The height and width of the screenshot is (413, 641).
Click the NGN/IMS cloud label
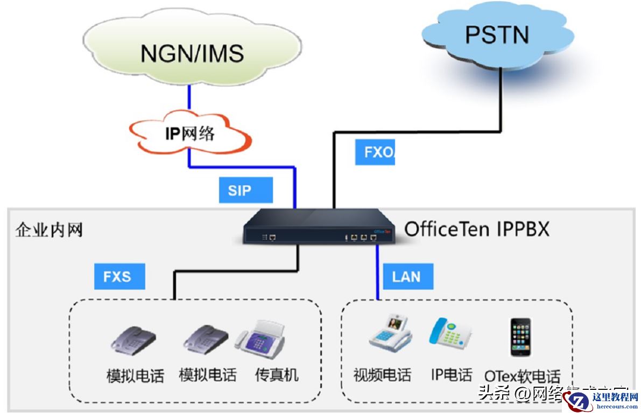tap(192, 53)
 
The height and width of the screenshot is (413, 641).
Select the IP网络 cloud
tap(189, 133)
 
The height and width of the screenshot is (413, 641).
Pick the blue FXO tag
tap(375, 152)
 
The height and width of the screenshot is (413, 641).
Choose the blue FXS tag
tap(117, 277)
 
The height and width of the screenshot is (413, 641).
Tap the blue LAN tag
tap(406, 277)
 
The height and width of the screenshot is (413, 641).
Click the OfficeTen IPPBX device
tap(318, 227)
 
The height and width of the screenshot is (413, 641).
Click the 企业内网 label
tap(49, 230)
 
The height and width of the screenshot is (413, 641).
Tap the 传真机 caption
tap(276, 374)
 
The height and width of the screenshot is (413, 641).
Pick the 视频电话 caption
tap(382, 374)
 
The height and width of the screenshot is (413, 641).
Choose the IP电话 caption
tap(451, 374)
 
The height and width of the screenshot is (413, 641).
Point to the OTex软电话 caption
tap(522, 375)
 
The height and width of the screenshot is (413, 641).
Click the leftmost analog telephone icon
tap(133, 340)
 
